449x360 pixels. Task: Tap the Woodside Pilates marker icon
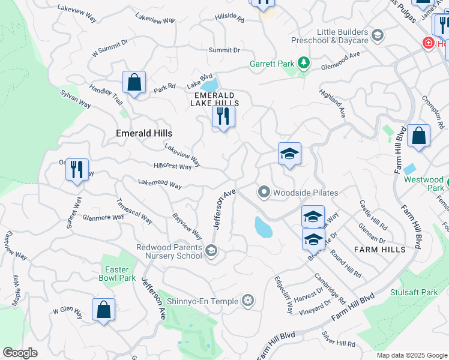point(264,193)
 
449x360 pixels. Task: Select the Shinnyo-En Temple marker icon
point(247,300)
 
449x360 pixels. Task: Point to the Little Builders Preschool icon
point(378,35)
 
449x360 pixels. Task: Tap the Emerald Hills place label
point(144,133)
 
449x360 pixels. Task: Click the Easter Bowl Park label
point(117,274)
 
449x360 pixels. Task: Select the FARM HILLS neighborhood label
point(380,249)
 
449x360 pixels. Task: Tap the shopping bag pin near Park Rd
point(134,82)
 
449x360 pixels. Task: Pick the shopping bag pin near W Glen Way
point(103,310)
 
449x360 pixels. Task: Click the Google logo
point(20,353)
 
